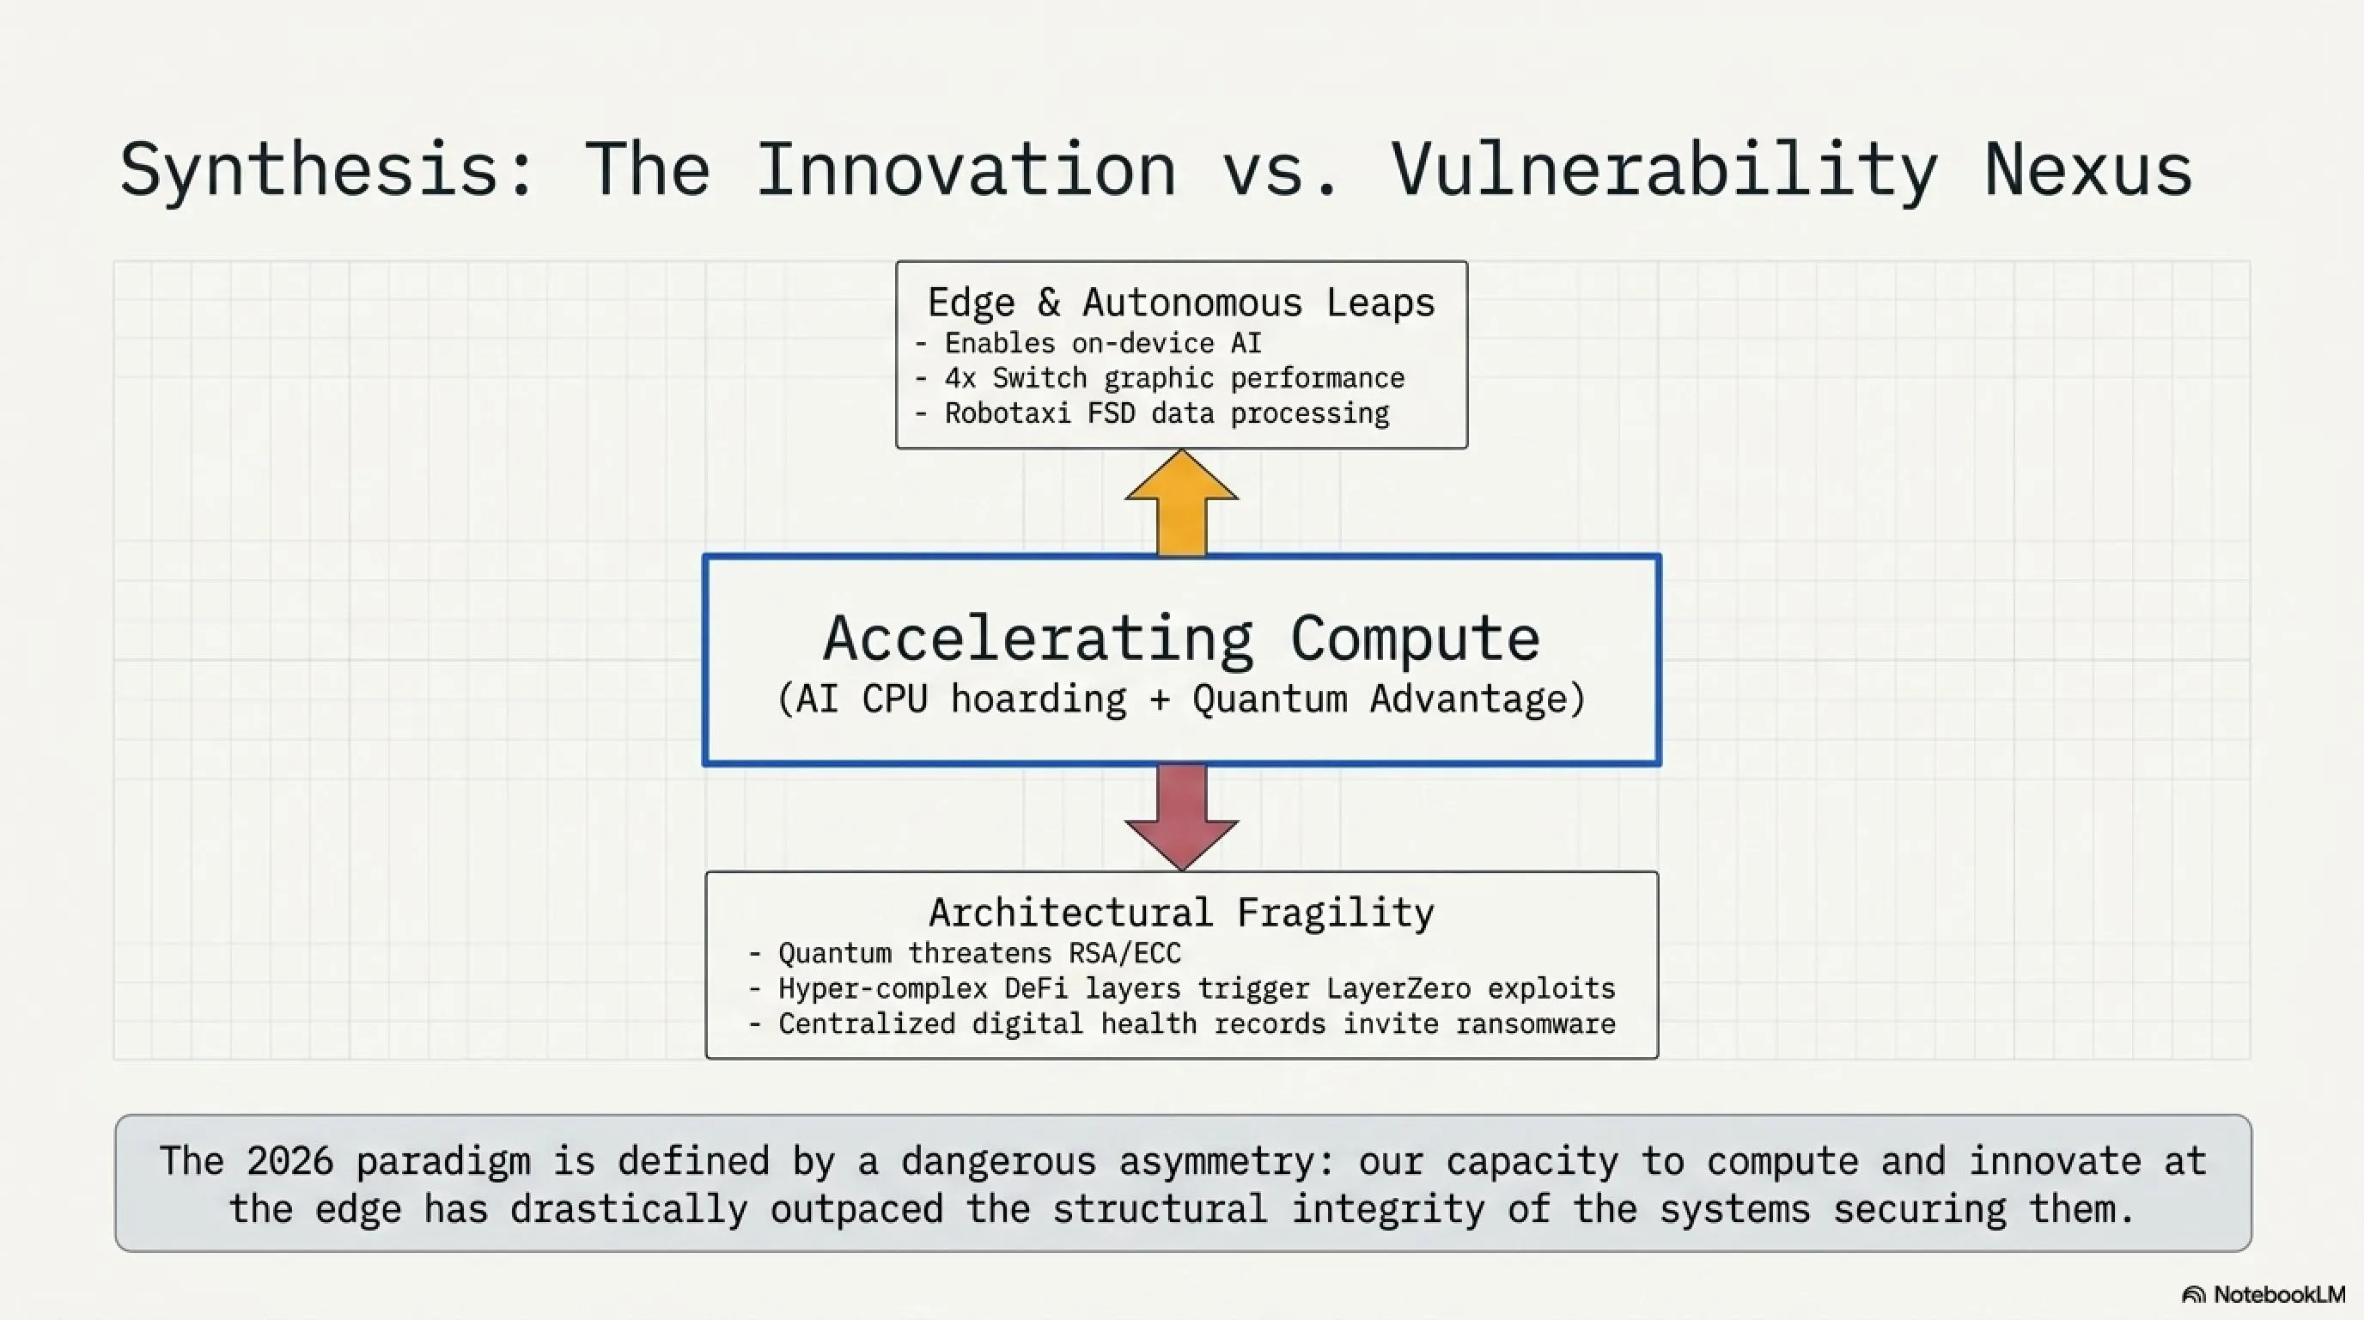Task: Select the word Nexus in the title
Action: (x=2089, y=171)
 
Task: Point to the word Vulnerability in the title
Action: (x=1664, y=171)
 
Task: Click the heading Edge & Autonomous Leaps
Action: (x=1181, y=302)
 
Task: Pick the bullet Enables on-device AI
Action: (x=1088, y=343)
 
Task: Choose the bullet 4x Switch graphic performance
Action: (x=1160, y=378)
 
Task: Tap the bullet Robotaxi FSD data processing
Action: (x=1152, y=413)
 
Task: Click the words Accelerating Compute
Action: (x=1181, y=638)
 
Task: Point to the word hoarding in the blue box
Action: (x=1038, y=700)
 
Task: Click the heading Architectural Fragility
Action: (x=1181, y=913)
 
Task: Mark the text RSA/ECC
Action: (x=1124, y=954)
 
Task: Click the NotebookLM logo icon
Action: (x=2193, y=1295)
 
